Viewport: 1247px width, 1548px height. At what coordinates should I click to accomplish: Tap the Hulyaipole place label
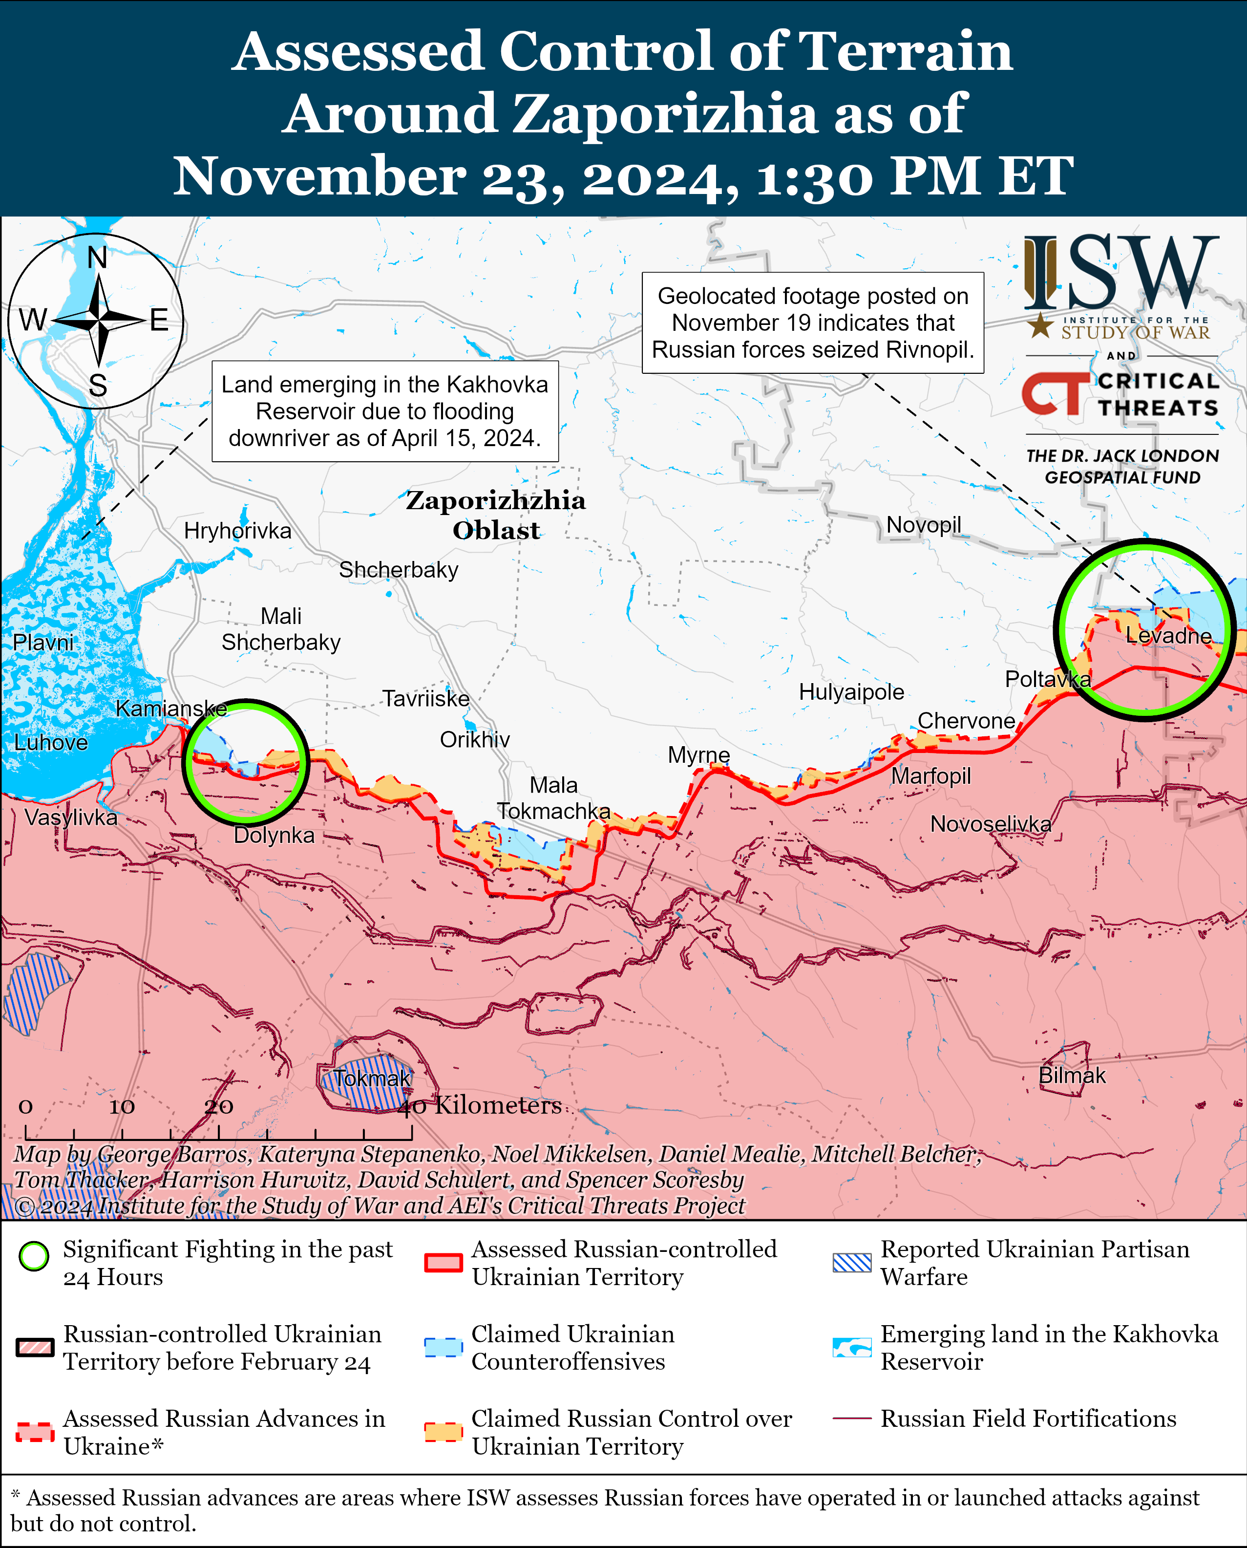851,692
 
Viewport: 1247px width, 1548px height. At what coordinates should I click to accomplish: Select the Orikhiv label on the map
475,739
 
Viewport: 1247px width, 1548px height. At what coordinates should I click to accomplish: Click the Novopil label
923,525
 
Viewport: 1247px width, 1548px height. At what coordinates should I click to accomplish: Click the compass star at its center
98,320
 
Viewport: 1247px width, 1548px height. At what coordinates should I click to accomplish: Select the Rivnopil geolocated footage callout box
812,322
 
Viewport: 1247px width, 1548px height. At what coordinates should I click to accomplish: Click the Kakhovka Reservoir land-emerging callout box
385,411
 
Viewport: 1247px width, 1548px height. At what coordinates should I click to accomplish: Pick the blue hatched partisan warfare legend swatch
851,1263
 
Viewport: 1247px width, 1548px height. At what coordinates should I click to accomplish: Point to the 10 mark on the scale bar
122,1107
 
